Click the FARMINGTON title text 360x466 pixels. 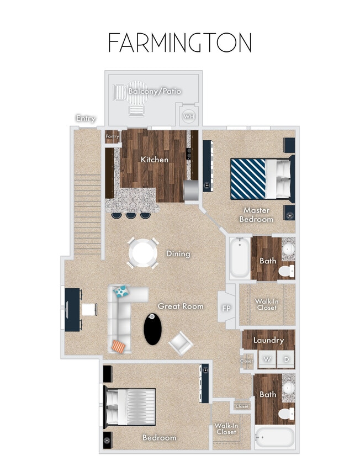tap(180, 43)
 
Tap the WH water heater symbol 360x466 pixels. tap(188, 116)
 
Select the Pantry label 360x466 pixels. tap(112, 136)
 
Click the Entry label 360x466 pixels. tap(86, 119)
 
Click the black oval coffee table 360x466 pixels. tap(154, 329)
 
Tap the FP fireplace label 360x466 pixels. tap(226, 308)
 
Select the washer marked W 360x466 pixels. tap(268, 359)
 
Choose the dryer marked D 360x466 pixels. tap(286, 359)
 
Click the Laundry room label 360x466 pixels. tap(268, 341)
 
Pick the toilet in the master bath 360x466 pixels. tap(287, 271)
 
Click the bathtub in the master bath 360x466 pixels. tap(240, 257)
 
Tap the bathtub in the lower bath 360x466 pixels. tap(274, 438)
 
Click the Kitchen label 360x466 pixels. tap(155, 160)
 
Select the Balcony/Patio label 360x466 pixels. tap(155, 91)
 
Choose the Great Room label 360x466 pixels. tap(181, 306)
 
